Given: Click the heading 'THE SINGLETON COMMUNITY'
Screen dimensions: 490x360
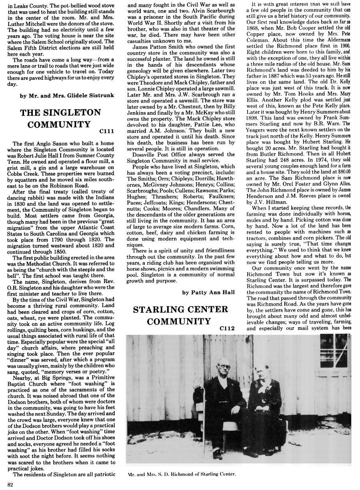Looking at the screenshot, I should pyautogui.click(x=61, y=118).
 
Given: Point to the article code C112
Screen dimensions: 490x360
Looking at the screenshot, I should pyautogui.click(x=226, y=328).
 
